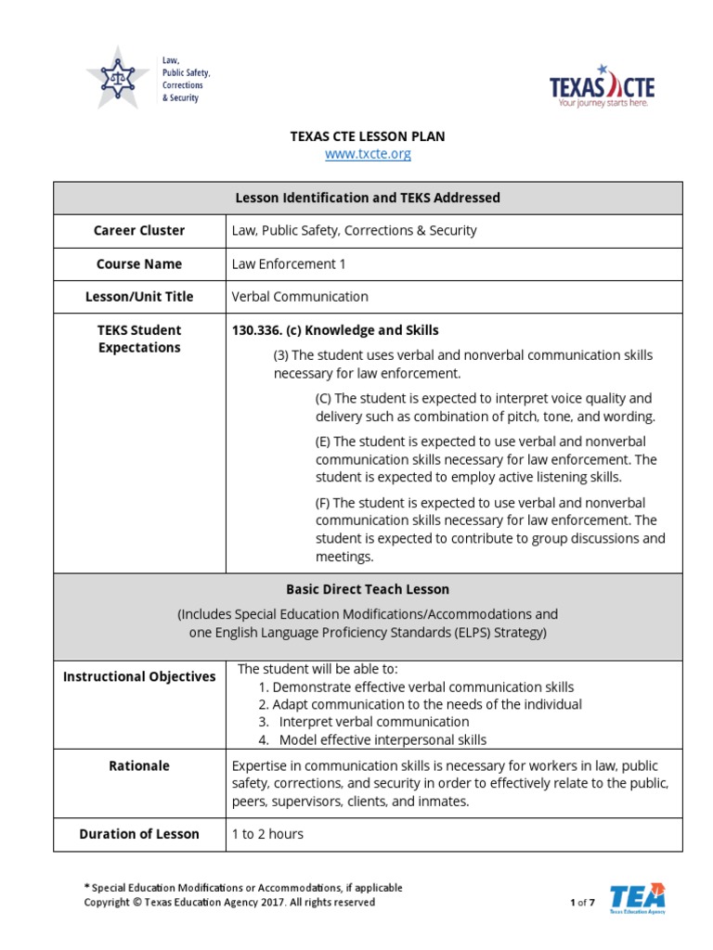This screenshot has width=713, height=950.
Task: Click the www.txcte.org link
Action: (368, 154)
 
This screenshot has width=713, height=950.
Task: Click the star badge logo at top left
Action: (117, 77)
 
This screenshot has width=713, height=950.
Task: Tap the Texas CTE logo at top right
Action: (602, 86)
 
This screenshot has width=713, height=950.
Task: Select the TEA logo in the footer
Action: (637, 899)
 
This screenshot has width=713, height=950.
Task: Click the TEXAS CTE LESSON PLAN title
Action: (368, 136)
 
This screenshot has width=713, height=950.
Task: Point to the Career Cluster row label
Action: (139, 230)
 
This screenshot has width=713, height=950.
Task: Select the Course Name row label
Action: (139, 263)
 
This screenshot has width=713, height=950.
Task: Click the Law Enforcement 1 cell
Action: (289, 263)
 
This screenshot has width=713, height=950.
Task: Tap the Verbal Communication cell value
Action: (300, 297)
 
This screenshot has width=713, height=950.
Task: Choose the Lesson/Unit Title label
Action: (139, 297)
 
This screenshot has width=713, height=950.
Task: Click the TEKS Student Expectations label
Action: (139, 339)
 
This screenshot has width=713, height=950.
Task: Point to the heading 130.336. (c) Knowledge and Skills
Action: (335, 330)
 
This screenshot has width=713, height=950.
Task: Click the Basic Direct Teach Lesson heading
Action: (368, 589)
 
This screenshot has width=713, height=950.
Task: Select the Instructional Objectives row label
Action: (139, 676)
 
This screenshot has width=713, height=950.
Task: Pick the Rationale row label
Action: (139, 765)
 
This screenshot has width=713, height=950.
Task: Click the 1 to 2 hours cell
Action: (267, 834)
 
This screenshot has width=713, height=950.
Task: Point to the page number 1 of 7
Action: (582, 903)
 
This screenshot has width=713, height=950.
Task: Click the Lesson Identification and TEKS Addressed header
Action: (368, 198)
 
